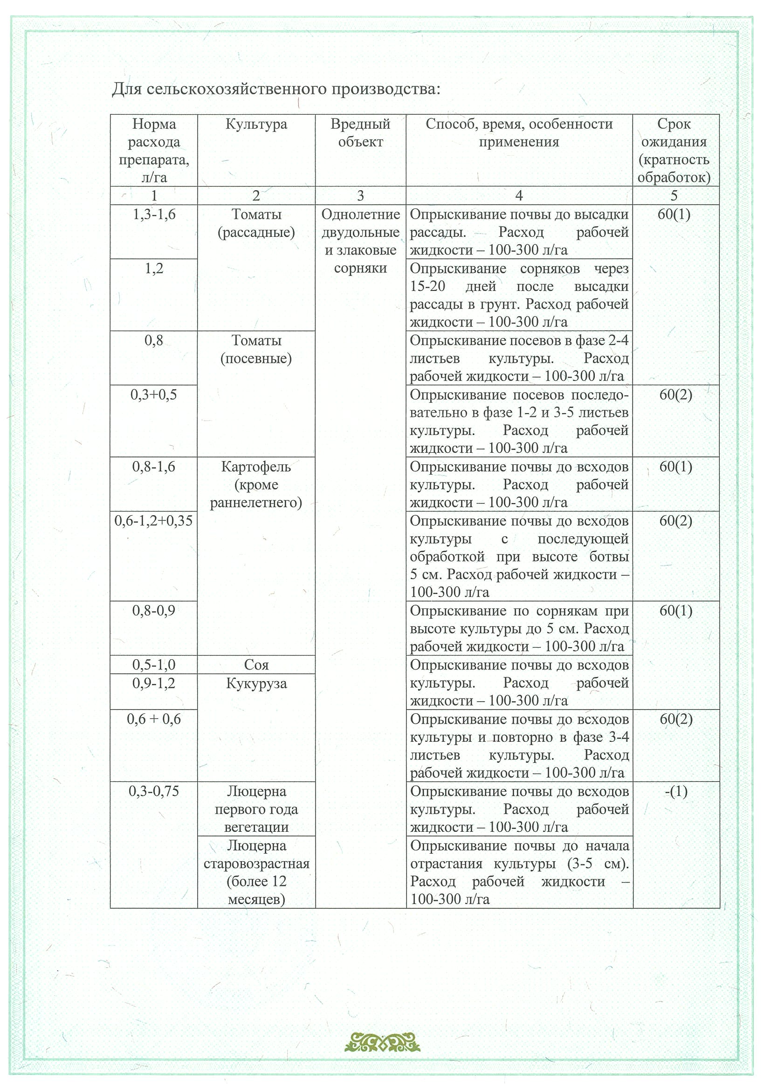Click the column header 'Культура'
[x=256, y=124]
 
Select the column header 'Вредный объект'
[x=360, y=133]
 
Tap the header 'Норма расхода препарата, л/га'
[x=154, y=150]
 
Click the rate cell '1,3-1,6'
[x=154, y=215]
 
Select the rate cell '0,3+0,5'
[x=154, y=395]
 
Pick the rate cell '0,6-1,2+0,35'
[x=154, y=521]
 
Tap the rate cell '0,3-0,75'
[x=154, y=791]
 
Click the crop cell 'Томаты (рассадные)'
[x=256, y=223]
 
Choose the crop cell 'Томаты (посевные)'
[x=256, y=349]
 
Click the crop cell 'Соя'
[x=256, y=665]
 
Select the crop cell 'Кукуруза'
[x=256, y=684]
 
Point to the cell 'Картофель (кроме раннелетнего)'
[x=256, y=485]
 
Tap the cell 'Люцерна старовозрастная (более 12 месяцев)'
[x=256, y=872]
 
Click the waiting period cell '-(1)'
[x=675, y=791]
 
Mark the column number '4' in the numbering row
[x=519, y=195]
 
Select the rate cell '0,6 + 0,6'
[x=154, y=719]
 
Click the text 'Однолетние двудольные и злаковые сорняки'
[x=360, y=242]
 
